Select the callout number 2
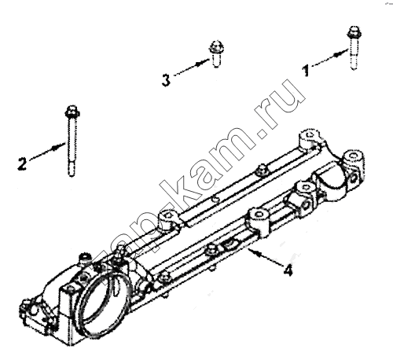22,164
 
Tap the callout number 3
166,80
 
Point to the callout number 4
288,270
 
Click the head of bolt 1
354,32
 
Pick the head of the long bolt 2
72,112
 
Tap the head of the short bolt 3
216,47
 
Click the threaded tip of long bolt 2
72,171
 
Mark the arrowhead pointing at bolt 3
203,62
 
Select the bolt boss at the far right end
354,159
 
